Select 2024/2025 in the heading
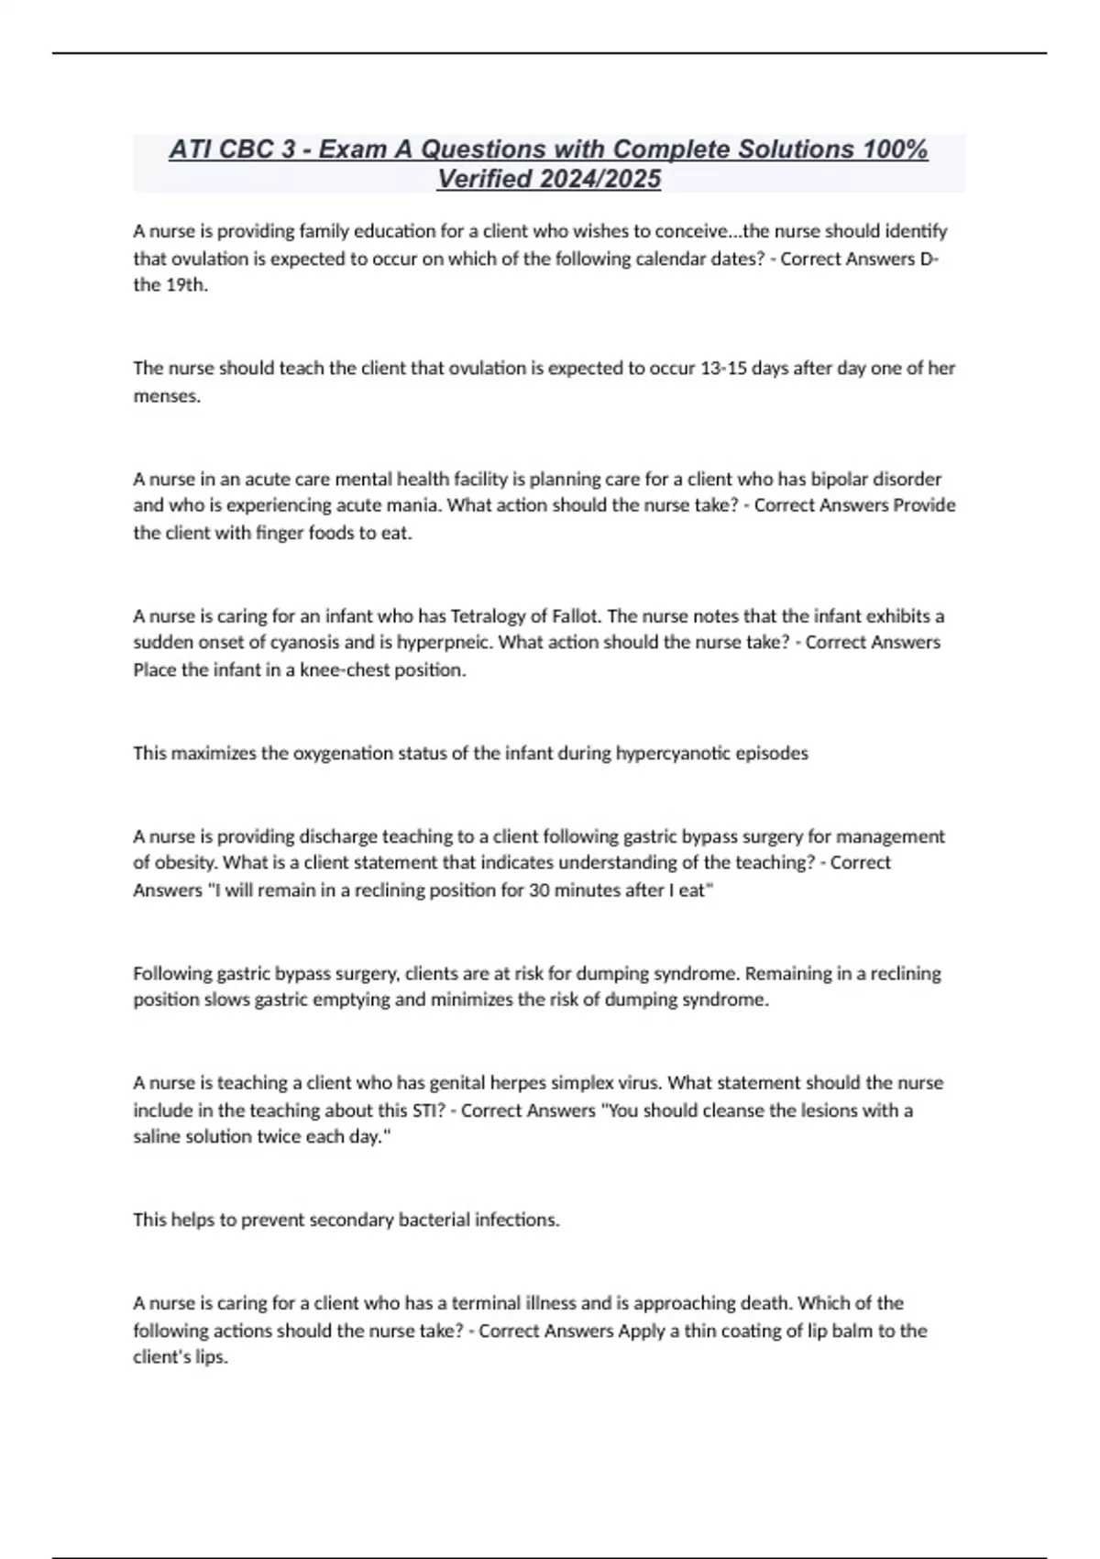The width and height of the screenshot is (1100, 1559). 600,179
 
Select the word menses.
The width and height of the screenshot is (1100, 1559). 166,396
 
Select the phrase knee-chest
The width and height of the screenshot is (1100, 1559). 345,669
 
